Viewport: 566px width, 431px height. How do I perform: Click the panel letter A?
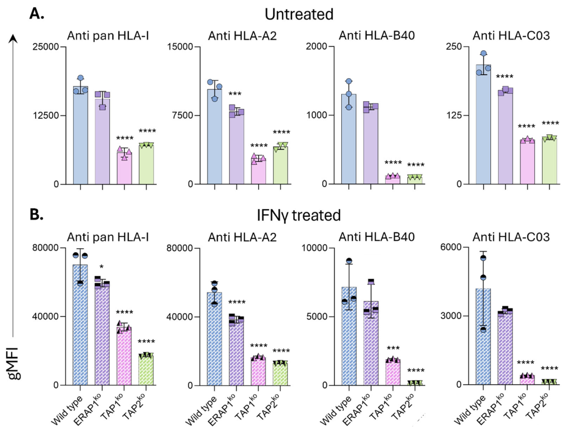coord(36,13)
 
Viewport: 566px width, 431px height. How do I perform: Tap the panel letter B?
coord(36,214)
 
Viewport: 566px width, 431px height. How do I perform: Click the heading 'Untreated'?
coord(299,14)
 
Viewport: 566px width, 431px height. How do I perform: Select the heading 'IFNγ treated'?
coord(299,215)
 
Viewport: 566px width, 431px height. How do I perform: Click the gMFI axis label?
coord(15,363)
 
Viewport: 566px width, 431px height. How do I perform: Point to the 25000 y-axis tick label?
coord(46,47)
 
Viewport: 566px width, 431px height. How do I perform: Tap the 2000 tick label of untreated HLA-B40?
coord(317,47)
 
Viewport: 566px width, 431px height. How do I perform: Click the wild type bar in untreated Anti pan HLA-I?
coord(81,135)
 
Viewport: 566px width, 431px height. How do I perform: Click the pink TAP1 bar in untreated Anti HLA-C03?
coord(527,162)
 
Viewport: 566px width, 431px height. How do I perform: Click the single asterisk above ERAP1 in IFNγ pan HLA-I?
coord(102,267)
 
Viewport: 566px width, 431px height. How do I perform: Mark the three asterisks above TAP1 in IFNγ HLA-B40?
coord(393,348)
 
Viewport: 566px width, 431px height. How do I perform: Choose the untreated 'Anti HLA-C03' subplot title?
coord(511,36)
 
